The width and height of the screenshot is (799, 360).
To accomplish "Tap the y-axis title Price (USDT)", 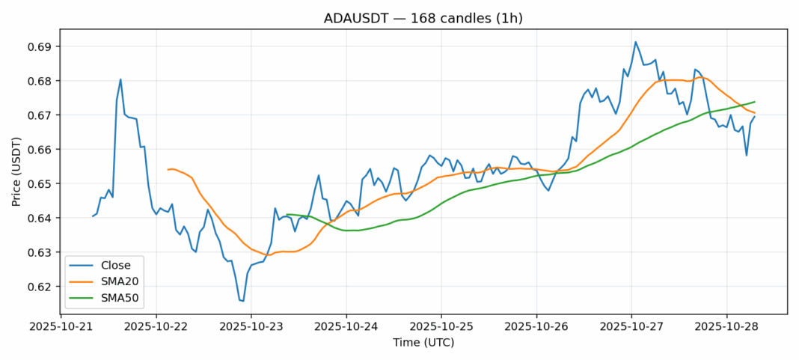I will [x=16, y=171].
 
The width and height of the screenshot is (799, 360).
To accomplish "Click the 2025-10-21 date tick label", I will [x=61, y=327].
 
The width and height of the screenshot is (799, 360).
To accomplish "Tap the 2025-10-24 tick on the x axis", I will [x=346, y=327].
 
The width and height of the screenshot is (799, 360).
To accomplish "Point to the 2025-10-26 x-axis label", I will [x=536, y=327].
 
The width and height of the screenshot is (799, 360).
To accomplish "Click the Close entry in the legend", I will [x=116, y=265].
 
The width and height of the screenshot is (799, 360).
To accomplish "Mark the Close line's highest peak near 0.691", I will [x=635, y=42].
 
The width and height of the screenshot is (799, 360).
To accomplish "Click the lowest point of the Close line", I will [x=243, y=301].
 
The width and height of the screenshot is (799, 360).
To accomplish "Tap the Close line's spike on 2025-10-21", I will [x=120, y=79].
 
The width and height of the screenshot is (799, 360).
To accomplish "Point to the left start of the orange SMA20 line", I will [x=168, y=170].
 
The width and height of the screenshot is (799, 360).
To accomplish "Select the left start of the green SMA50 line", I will [x=287, y=215].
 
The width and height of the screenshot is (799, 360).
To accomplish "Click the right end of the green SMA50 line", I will [x=754, y=102].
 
